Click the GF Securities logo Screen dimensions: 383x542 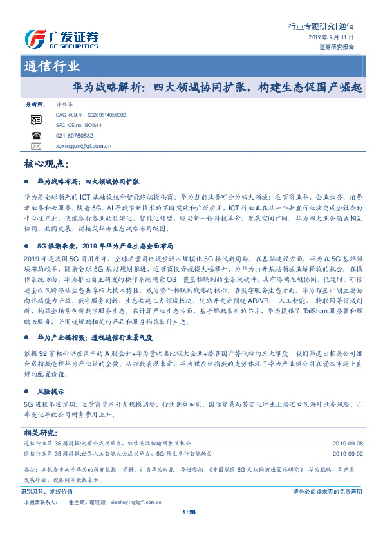click(61, 39)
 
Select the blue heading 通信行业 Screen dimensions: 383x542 click(52, 67)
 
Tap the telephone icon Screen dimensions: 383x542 click(36, 136)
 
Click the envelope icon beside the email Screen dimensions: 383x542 click(36, 147)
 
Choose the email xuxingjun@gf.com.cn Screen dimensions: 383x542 click(84, 147)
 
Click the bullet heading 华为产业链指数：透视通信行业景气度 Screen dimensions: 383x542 click(94, 337)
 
